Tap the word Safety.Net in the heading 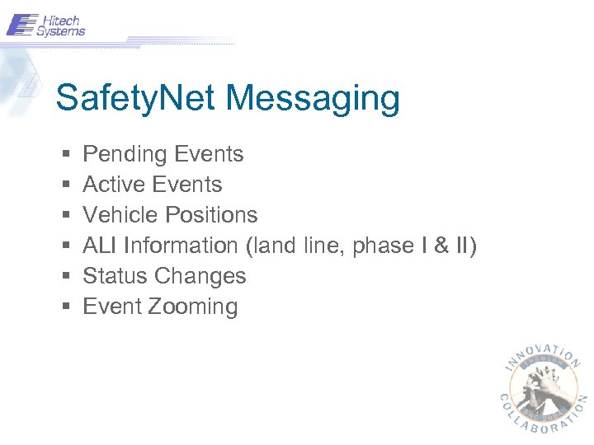click(137, 98)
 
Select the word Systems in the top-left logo click(64, 32)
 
